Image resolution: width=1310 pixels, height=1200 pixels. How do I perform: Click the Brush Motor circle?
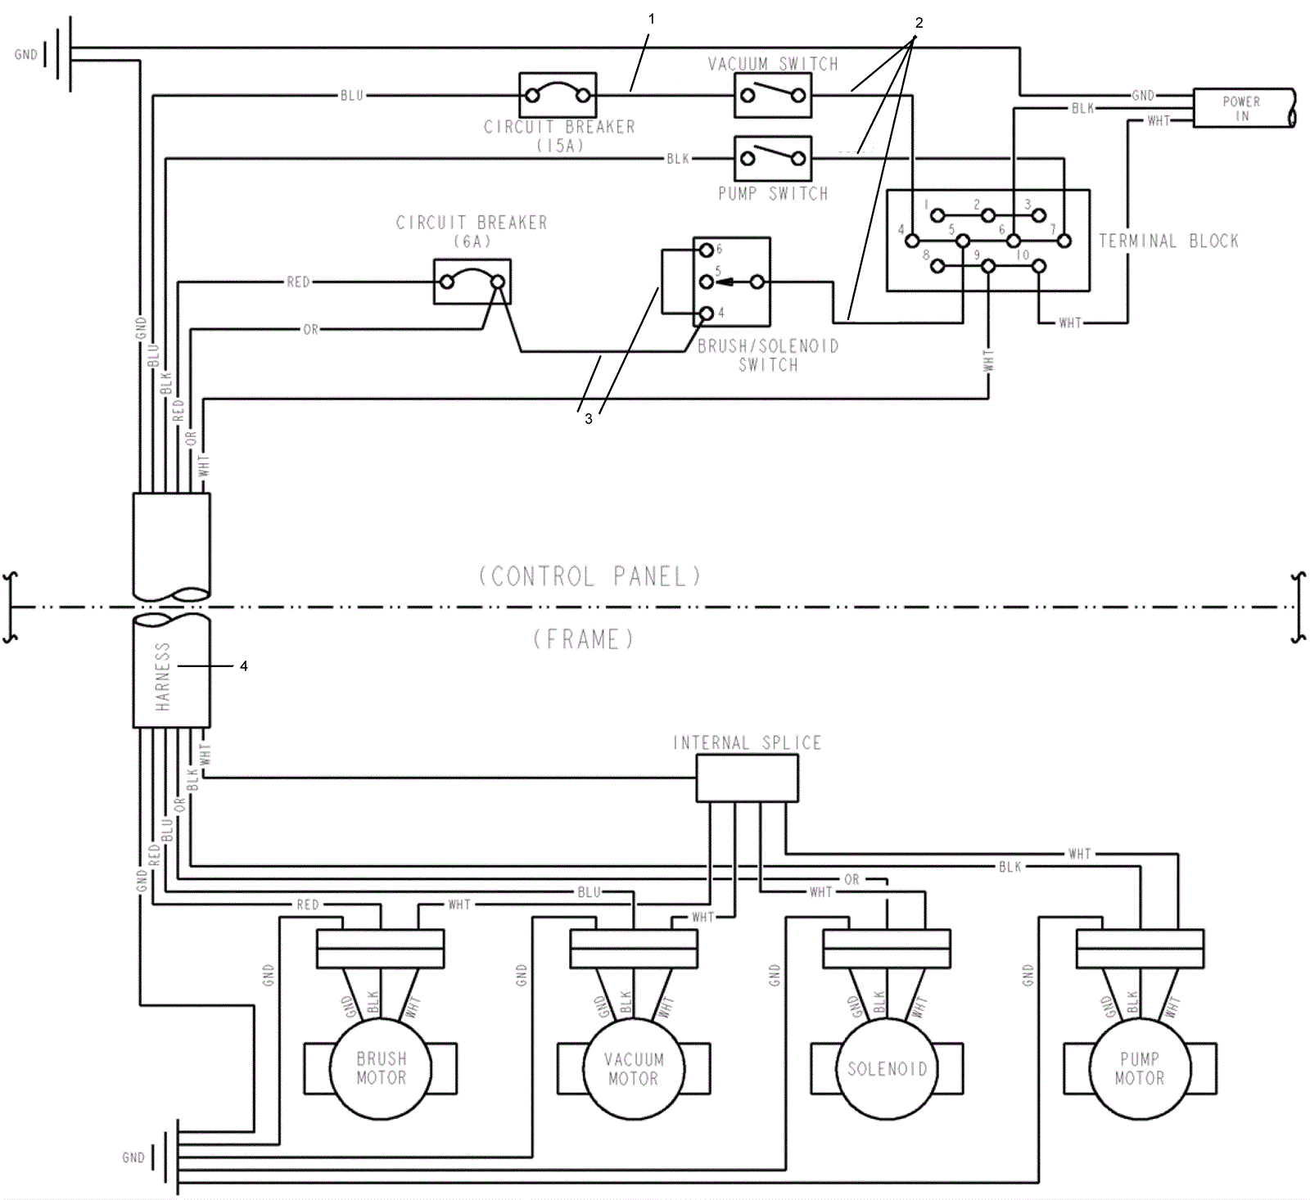[x=381, y=1068]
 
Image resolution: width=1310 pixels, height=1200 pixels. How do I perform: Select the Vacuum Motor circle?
[x=633, y=1068]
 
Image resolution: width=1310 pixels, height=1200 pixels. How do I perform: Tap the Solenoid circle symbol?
[x=887, y=1068]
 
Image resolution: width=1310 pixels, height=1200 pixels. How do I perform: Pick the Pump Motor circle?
[x=1139, y=1068]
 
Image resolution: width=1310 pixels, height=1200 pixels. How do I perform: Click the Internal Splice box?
[x=747, y=778]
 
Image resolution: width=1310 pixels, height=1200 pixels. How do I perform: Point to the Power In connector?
[x=1241, y=108]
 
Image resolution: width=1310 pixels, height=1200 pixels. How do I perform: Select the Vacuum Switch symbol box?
[x=773, y=96]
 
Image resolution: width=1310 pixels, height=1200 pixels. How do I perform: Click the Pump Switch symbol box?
[x=773, y=158]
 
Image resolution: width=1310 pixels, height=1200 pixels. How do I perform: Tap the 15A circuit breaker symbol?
[x=558, y=96]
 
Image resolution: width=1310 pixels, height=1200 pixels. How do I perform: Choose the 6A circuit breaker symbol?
[x=472, y=282]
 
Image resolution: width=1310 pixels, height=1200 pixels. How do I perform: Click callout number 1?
[x=652, y=18]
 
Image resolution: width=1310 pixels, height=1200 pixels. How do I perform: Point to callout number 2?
[x=919, y=23]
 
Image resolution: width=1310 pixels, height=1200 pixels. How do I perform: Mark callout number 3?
[x=588, y=419]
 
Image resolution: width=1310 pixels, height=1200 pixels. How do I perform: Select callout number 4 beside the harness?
[x=244, y=666]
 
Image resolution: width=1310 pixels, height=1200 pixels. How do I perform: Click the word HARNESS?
[x=163, y=676]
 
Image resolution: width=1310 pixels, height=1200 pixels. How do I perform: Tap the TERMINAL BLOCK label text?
[x=1168, y=241]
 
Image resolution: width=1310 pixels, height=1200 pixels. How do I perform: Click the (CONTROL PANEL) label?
[x=589, y=576]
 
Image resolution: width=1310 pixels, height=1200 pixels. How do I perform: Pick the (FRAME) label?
[x=583, y=639]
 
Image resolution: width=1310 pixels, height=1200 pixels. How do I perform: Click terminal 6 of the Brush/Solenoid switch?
[x=706, y=250]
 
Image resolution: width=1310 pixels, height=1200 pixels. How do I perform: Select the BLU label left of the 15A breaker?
[x=351, y=96]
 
